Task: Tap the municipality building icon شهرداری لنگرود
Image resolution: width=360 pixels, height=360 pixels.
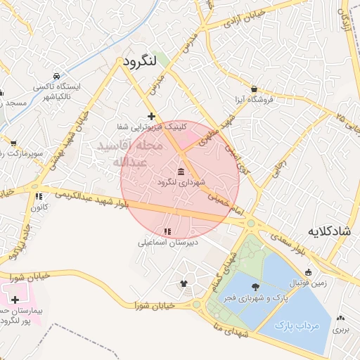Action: click(181, 172)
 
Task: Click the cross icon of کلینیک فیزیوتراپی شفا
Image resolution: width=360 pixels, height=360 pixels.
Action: click(151, 116)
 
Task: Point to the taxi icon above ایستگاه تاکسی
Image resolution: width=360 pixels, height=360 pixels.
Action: click(56, 75)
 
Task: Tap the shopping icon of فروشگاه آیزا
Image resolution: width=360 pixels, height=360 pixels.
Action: click(253, 89)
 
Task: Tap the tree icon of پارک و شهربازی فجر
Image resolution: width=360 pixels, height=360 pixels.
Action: click(254, 287)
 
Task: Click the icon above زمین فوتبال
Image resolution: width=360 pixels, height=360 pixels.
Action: click(308, 272)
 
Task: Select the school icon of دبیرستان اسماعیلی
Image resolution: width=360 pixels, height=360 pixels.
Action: click(167, 231)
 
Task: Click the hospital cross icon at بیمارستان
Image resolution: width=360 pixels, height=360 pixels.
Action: click(15, 300)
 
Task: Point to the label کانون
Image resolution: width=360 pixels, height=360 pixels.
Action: click(38, 207)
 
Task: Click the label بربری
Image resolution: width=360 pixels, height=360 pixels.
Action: click(341, 328)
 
